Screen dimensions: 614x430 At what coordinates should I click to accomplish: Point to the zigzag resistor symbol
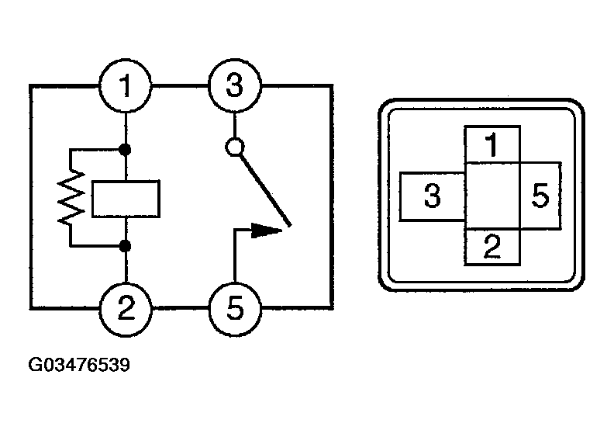(x=71, y=198)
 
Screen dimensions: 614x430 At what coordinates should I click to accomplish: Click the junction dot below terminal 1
(x=125, y=149)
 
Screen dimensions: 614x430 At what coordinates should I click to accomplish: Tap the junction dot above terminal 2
(x=125, y=246)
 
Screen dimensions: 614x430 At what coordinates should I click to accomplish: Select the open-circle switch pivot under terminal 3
(x=235, y=147)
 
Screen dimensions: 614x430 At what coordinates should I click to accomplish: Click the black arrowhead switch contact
(x=266, y=231)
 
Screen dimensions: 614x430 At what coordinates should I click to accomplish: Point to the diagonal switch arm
(x=265, y=190)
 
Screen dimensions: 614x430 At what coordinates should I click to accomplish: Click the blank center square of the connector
(x=492, y=196)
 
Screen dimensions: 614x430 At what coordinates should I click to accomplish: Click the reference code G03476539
(x=79, y=365)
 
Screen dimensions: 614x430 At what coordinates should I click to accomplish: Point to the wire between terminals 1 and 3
(x=180, y=85)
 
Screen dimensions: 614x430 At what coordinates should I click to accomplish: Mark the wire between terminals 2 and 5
(x=180, y=308)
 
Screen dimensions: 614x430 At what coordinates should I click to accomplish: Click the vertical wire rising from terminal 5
(x=234, y=255)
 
